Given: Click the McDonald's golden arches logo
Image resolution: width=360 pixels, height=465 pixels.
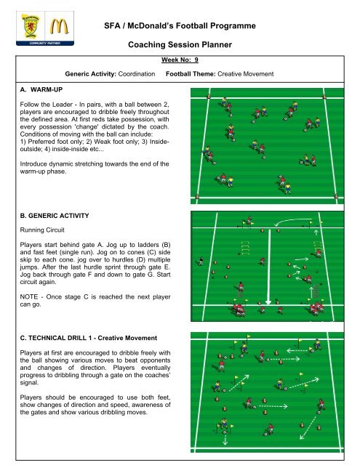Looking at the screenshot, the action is point(59,26).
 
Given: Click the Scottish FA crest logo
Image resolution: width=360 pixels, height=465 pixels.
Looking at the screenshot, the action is point(31,26).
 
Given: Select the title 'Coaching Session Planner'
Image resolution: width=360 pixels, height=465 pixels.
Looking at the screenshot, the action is point(180,45).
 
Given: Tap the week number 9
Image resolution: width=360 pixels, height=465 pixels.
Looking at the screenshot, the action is point(196,60).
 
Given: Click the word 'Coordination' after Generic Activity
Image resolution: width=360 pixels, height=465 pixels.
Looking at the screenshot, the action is point(137,74).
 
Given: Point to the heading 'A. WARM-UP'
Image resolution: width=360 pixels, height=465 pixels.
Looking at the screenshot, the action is point(41,89).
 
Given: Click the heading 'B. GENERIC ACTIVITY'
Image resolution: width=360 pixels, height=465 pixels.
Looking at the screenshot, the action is point(55,216).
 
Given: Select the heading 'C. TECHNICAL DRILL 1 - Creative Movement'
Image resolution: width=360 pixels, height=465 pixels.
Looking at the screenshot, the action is point(89,338).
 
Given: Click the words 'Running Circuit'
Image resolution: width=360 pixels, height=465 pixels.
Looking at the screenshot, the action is point(42,230).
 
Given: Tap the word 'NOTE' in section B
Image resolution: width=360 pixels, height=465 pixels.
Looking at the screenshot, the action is point(29,297).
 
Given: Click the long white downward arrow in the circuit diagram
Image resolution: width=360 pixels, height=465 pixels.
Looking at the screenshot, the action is point(268,267).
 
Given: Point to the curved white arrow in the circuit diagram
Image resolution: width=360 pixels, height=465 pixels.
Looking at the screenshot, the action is point(292,221).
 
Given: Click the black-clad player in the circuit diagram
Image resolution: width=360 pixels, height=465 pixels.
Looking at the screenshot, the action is point(201,261).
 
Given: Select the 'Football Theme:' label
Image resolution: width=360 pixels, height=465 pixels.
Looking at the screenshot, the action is point(191,74).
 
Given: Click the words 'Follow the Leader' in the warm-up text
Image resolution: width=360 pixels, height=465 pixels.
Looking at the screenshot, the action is point(47,105).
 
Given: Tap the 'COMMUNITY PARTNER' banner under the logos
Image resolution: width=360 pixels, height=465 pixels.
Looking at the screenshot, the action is point(45,44).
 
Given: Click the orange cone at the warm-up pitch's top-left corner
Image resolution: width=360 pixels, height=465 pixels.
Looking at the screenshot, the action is point(208,96).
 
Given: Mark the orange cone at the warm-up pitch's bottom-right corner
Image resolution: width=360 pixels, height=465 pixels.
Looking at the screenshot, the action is point(336,196).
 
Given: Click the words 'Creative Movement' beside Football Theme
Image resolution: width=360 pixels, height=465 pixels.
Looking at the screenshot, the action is point(245,74).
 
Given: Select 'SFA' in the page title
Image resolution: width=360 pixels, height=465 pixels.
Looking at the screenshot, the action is point(112,26).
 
